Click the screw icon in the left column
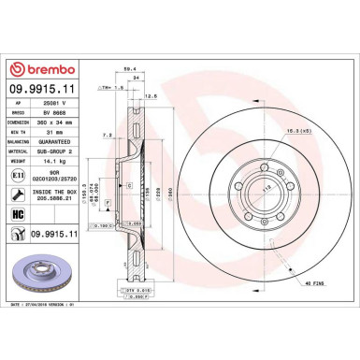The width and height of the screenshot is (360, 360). (20, 194)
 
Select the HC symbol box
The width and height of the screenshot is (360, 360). (20, 214)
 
